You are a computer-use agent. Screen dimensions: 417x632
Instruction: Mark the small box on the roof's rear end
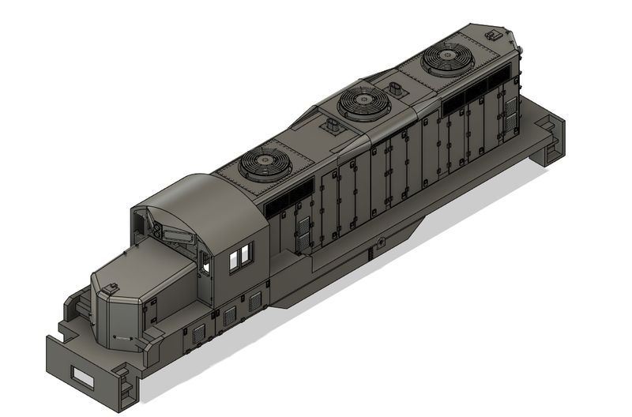point(495,35)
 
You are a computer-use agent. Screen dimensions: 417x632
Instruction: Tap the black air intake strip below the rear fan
point(474,93)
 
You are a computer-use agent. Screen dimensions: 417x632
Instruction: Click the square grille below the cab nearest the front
point(198,333)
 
